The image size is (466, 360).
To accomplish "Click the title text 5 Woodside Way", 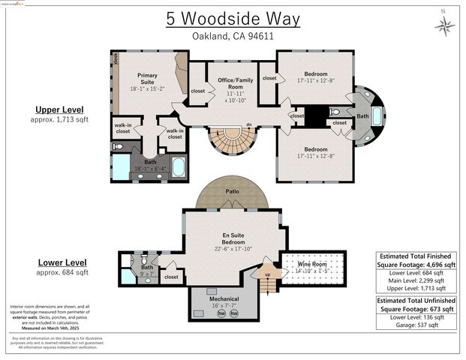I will coord(233,19).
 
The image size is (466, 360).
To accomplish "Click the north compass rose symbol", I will coord(444,26).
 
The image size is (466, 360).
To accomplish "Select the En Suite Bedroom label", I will coord(232,239).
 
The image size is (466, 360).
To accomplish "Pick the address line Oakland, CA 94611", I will coord(233,36).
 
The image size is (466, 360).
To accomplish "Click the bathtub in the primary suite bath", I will coord(179,166).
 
